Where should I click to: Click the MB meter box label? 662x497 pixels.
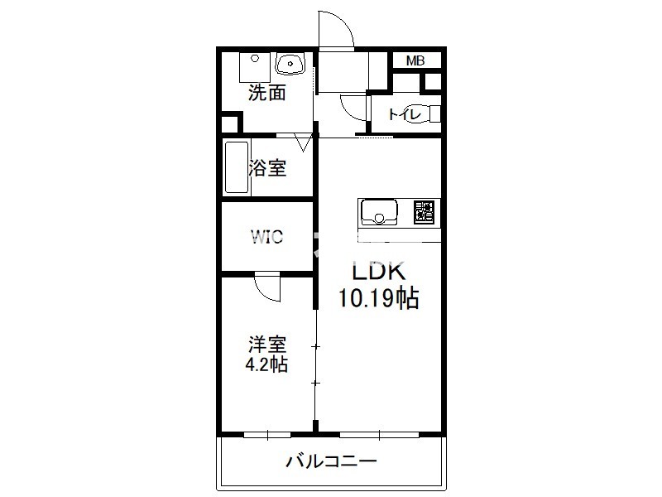pos(415,60)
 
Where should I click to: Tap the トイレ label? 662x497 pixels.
pos(405,114)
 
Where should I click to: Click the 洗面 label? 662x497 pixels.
pos(266,93)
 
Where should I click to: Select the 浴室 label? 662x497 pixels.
pos(267,168)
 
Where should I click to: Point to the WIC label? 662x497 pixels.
pos(266,237)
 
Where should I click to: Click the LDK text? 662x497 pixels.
pos(379,272)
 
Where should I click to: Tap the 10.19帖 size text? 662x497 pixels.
pos(378,298)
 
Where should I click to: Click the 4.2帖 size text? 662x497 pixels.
pos(266,364)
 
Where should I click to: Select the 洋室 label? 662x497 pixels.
pos(266,345)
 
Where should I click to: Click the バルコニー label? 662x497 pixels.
pos(331,461)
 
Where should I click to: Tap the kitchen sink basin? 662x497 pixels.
pos(379,211)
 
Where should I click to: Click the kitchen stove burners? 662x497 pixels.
pos(424,211)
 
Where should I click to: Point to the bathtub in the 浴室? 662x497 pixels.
pos(237,167)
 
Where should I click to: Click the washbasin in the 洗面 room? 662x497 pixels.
pos(290,64)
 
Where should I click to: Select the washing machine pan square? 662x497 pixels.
pos(255,67)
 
